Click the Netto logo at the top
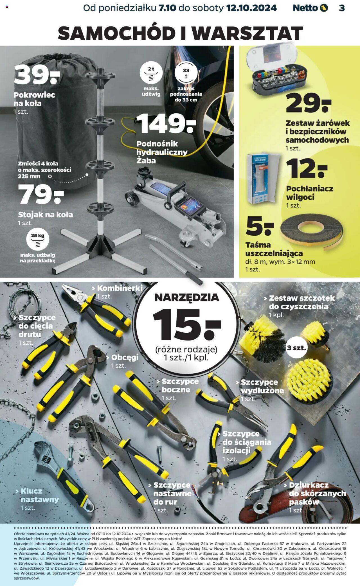[310, 8]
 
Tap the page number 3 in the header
[342, 8]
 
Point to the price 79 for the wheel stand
[41, 194]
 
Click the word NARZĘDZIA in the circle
[187, 297]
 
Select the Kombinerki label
[120, 288]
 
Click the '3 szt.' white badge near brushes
[296, 348]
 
